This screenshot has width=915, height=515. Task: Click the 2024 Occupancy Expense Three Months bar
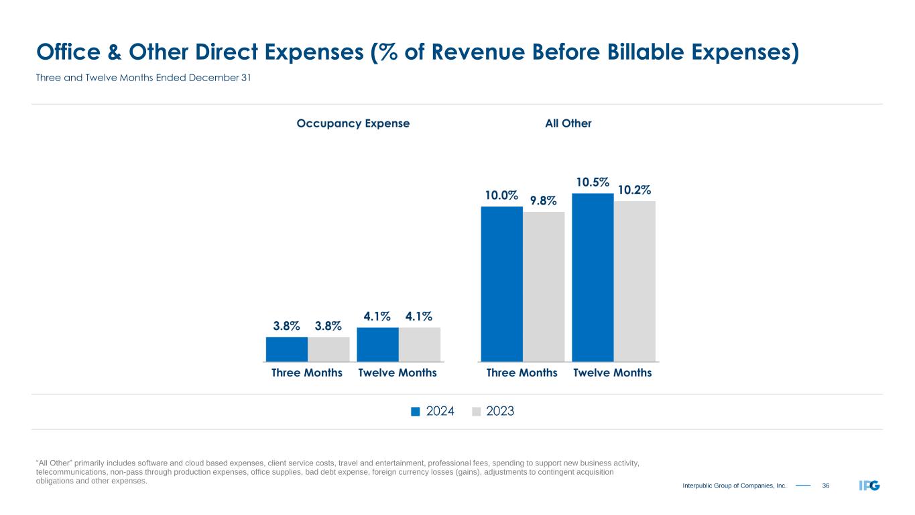(287, 349)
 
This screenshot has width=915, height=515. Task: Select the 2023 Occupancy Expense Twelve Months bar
(420, 345)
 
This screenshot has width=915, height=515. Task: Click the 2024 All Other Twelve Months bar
(593, 278)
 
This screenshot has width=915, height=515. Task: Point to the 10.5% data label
(593, 182)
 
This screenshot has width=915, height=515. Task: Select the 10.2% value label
(634, 190)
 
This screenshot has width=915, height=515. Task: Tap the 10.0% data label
(502, 196)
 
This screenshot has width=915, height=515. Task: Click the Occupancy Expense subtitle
(353, 123)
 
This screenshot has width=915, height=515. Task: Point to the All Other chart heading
(569, 123)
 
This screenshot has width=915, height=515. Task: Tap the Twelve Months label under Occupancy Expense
(398, 373)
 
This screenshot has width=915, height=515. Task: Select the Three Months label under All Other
(522, 373)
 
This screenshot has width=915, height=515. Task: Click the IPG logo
(869, 485)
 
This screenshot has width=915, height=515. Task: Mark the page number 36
(826, 485)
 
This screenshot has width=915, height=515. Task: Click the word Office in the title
(68, 52)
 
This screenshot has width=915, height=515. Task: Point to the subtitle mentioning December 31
(143, 78)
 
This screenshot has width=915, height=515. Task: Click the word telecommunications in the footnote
(70, 472)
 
